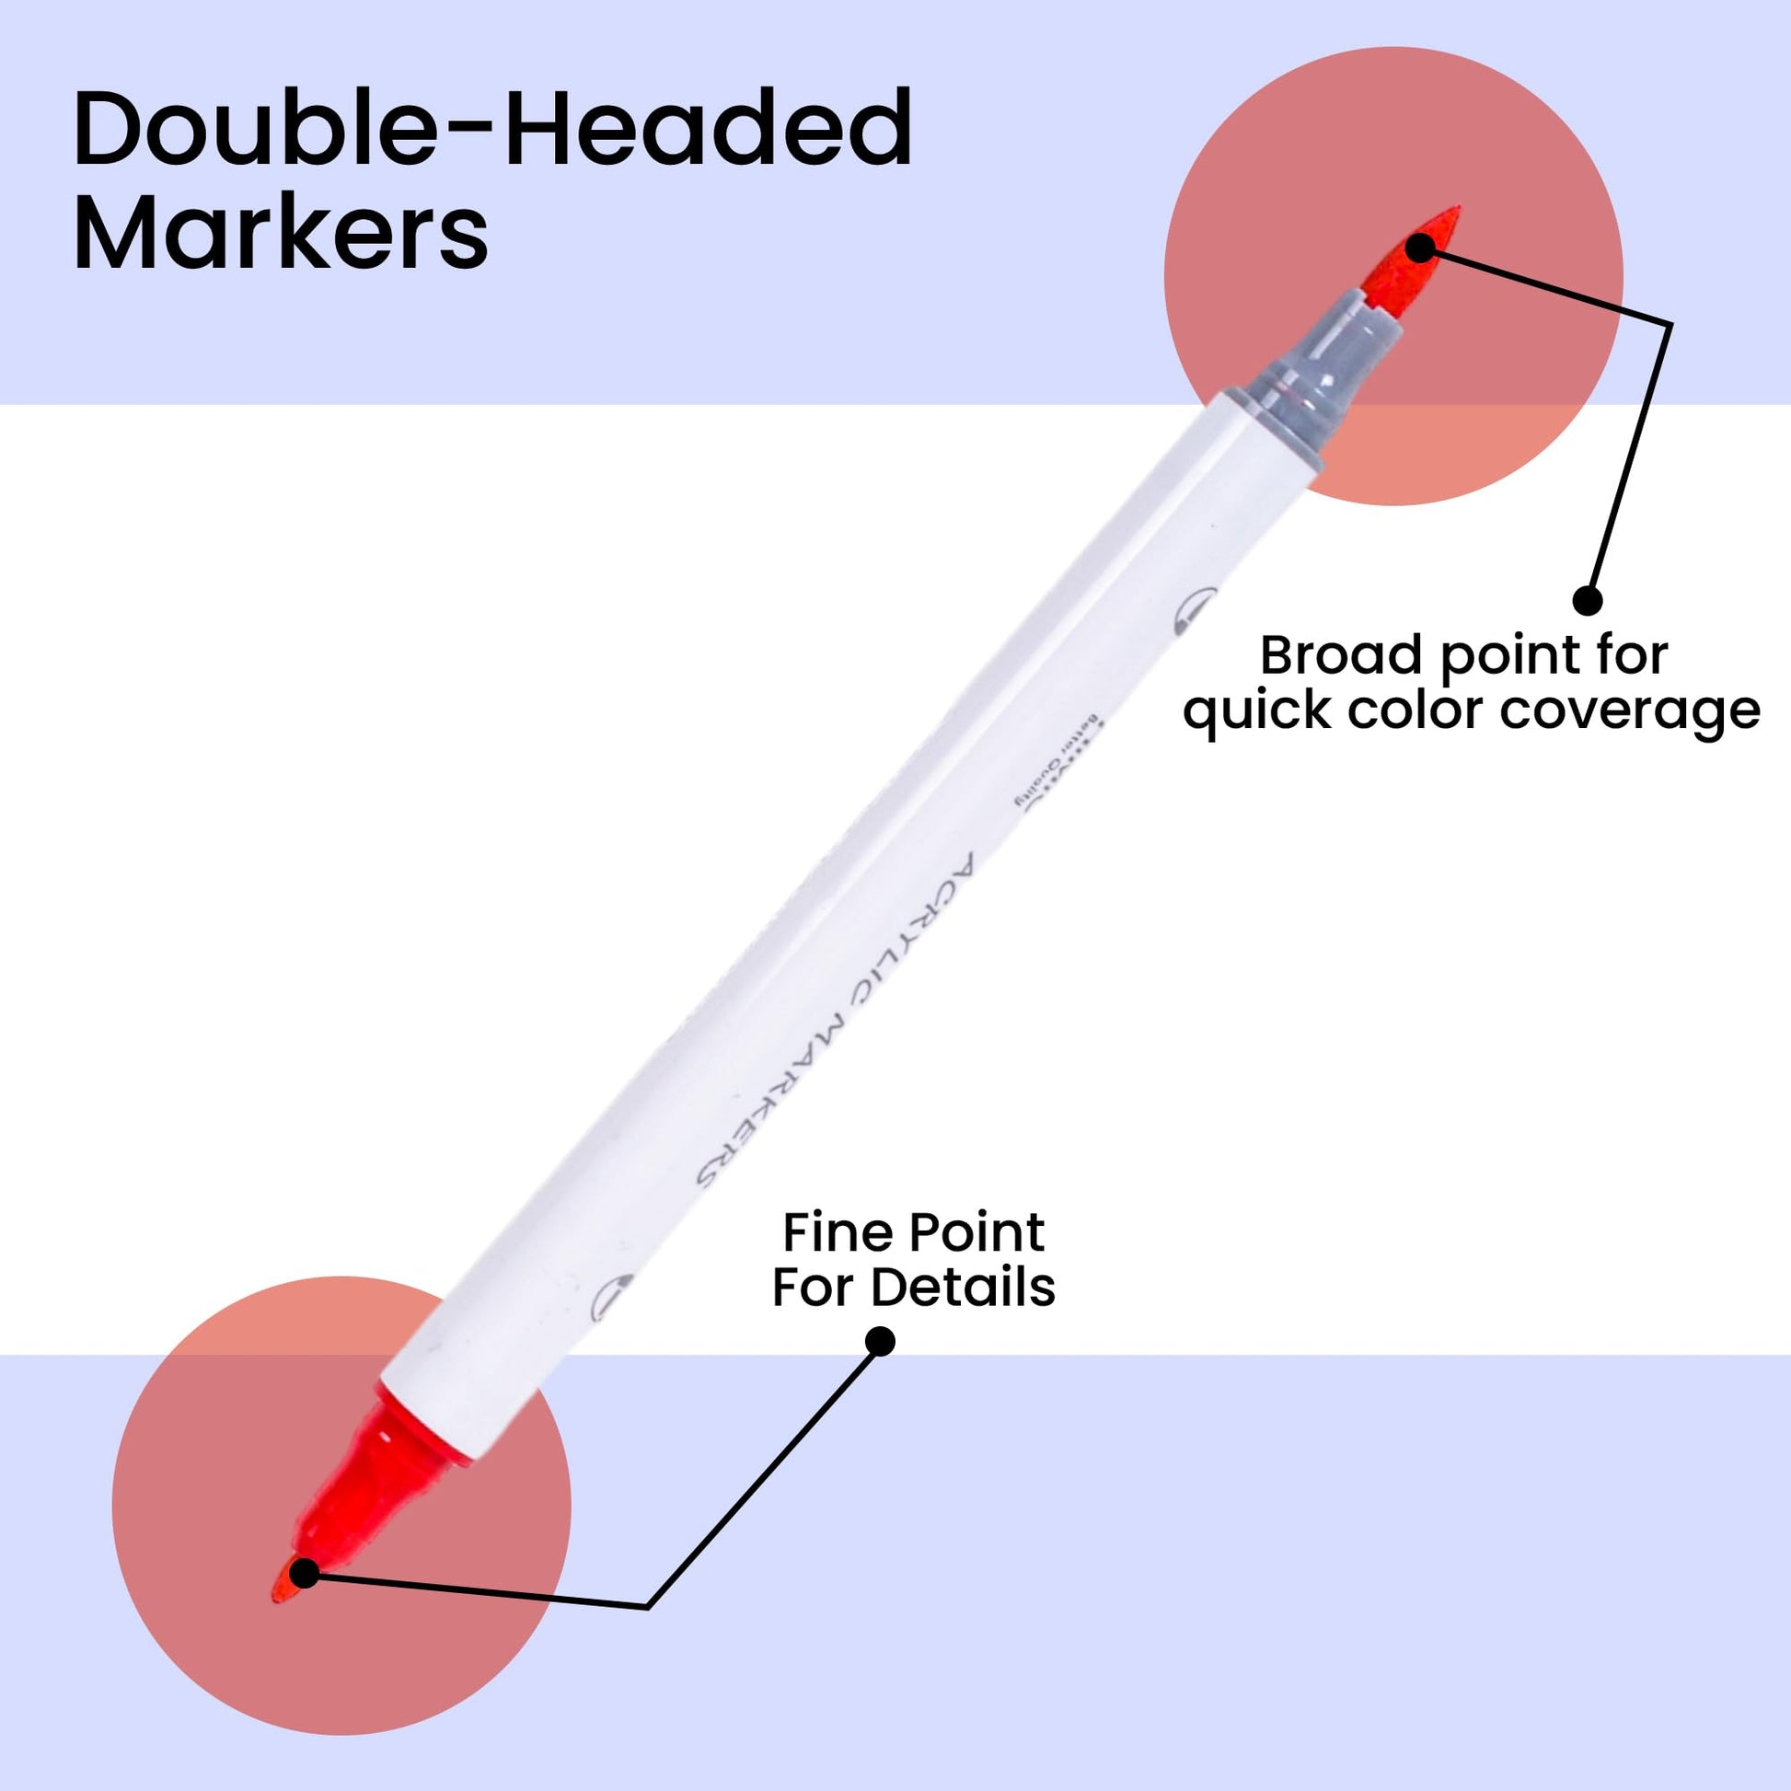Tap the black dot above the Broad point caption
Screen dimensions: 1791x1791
[1587, 602]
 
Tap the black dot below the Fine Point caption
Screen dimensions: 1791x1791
[880, 1341]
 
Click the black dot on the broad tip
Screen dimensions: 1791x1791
[1419, 248]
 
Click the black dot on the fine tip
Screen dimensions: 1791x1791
[304, 1573]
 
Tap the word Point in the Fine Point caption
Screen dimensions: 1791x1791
[976, 1232]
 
